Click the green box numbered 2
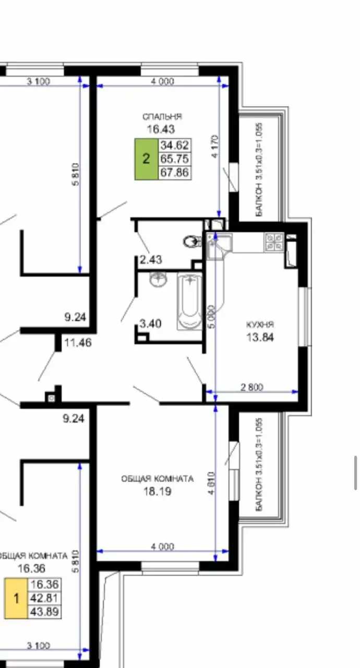(146, 159)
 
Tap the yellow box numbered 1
(16, 598)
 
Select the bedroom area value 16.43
(160, 129)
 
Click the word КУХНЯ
(260, 325)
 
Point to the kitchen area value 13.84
(260, 337)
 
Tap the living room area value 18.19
(157, 491)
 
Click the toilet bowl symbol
(193, 241)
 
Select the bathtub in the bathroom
(189, 302)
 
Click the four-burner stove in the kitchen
(274, 241)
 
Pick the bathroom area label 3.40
(150, 324)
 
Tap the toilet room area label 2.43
(150, 259)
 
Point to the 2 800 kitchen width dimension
(251, 387)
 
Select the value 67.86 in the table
(175, 172)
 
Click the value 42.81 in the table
(45, 598)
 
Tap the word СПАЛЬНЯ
(162, 117)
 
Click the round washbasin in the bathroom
(158, 280)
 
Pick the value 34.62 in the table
(175, 145)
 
